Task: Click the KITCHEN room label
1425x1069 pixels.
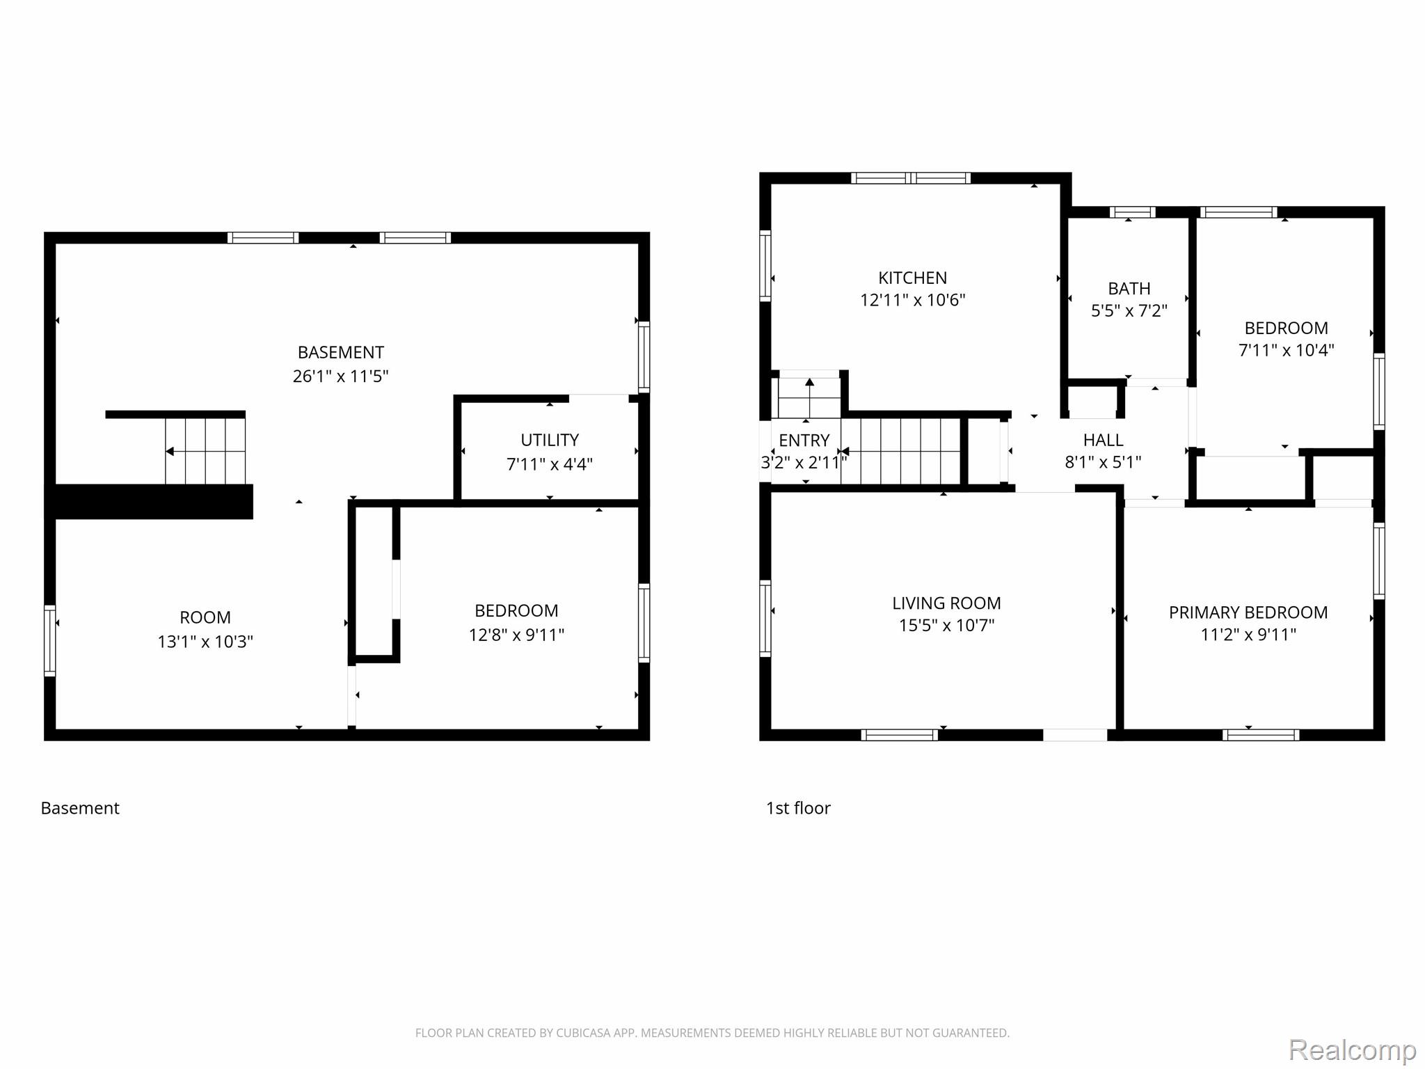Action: point(912,278)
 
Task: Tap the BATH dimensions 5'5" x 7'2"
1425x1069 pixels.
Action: point(1129,310)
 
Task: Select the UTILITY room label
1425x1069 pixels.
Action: point(550,440)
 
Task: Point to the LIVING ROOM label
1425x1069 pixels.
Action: point(946,603)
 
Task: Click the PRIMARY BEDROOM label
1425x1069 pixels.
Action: point(1248,612)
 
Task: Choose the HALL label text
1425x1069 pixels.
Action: point(1103,440)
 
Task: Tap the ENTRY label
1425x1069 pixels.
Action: point(804,441)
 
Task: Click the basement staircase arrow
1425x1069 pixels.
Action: point(205,452)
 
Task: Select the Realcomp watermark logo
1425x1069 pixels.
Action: point(1352,1050)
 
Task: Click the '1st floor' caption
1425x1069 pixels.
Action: point(798,808)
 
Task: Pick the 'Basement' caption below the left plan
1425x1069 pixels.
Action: point(80,808)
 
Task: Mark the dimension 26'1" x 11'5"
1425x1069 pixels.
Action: point(340,377)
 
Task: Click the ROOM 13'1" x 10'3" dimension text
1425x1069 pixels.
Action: point(205,642)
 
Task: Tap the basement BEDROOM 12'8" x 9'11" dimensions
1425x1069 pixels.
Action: point(516,635)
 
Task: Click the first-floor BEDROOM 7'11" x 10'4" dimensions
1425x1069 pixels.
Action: point(1286,350)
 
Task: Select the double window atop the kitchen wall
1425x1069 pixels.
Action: point(910,178)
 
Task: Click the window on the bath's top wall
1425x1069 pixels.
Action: point(1132,212)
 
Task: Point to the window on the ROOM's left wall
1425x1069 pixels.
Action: point(49,640)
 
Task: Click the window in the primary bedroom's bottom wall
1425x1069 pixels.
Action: point(1261,735)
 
